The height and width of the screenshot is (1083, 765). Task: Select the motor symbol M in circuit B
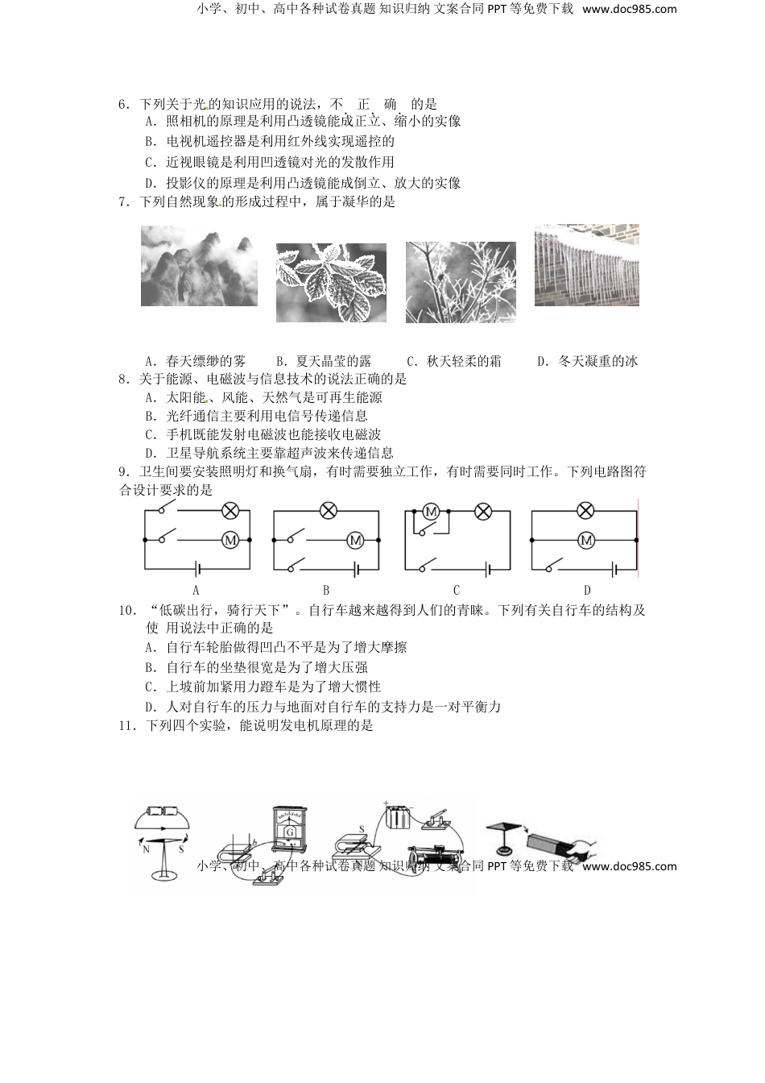point(355,541)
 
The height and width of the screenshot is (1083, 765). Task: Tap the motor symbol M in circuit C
point(430,511)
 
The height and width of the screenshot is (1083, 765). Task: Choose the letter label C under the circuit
point(457,590)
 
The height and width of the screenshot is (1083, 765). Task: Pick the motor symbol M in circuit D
point(586,541)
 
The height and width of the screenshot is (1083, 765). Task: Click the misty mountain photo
point(199,266)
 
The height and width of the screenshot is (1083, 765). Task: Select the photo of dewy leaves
point(330,283)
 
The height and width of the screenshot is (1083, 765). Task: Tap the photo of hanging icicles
point(586,265)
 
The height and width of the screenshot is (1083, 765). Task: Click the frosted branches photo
point(461,283)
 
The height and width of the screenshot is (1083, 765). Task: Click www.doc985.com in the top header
point(629,10)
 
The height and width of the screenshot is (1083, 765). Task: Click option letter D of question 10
point(150,707)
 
